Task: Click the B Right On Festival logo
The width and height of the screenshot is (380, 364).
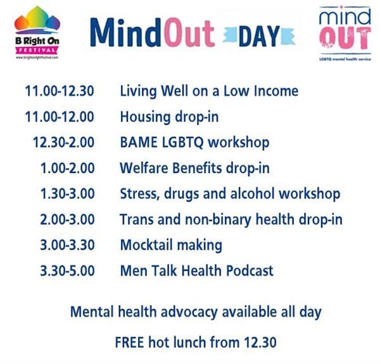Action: pyautogui.click(x=37, y=33)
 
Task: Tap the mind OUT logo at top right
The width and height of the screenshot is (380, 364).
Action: pyautogui.click(x=345, y=33)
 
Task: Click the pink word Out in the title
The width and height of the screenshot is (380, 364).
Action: pyautogui.click(x=189, y=32)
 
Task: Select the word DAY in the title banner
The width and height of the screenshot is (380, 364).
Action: pyautogui.click(x=259, y=36)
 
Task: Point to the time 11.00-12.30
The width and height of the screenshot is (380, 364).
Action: pyautogui.click(x=60, y=91)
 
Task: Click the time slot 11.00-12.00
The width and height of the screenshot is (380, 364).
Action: pyautogui.click(x=60, y=117)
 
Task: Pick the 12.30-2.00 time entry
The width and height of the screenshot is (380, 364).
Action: pyautogui.click(x=63, y=142)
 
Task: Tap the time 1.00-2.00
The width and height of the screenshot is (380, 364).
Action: pyautogui.click(x=67, y=168)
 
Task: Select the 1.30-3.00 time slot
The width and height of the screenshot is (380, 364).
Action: pyautogui.click(x=67, y=193)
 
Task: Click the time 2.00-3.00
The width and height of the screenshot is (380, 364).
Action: pyautogui.click(x=67, y=219)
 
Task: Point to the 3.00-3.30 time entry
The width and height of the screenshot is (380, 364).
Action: pyautogui.click(x=67, y=245)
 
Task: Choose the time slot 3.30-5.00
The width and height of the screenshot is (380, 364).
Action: pyautogui.click(x=67, y=271)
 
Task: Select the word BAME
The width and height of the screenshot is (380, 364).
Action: pyautogui.click(x=139, y=142)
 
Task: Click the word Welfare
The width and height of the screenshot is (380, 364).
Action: pyautogui.click(x=144, y=168)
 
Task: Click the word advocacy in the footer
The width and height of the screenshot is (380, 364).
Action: pyautogui.click(x=189, y=313)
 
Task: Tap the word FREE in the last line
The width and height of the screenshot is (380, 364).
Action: pyautogui.click(x=129, y=342)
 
